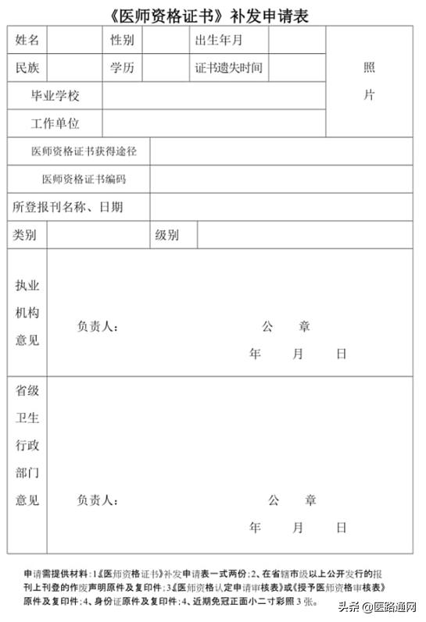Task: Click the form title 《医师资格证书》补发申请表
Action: [x=211, y=14]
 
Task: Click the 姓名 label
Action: [x=27, y=40]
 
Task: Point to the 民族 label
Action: [x=27, y=68]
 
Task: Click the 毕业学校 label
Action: [x=55, y=96]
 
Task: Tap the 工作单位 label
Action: [x=55, y=123]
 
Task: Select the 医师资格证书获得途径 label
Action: [x=78, y=151]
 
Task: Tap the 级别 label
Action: [x=166, y=235]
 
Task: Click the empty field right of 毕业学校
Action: [x=213, y=96]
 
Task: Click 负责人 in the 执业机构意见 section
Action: [x=98, y=327]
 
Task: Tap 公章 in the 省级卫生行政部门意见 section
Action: [x=292, y=499]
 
